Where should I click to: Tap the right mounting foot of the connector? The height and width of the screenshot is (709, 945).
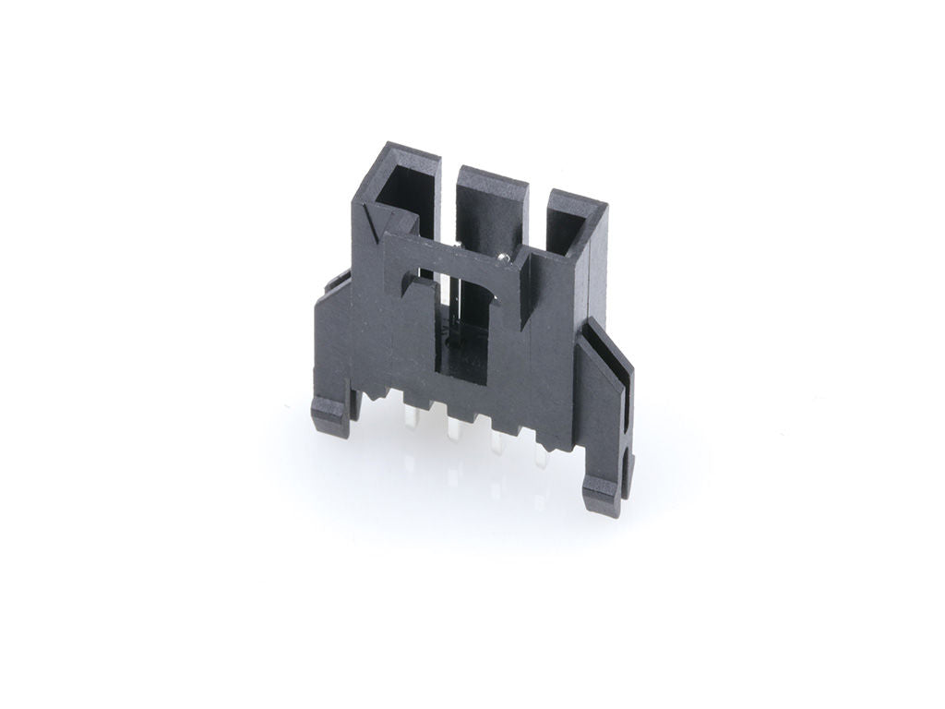(604, 499)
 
